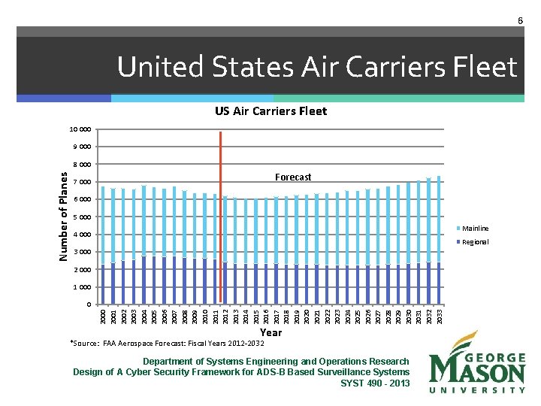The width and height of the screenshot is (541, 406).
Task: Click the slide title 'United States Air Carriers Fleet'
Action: [x=317, y=68]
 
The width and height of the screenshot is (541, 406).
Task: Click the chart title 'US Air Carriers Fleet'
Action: [x=270, y=111]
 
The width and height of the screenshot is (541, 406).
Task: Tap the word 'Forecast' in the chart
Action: [x=293, y=177]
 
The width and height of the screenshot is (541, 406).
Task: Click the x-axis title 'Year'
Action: [x=270, y=332]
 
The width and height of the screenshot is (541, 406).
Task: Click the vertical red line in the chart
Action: [x=220, y=218]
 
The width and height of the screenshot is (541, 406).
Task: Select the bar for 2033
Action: [x=439, y=241]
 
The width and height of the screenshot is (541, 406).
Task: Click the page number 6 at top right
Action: [x=519, y=21]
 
